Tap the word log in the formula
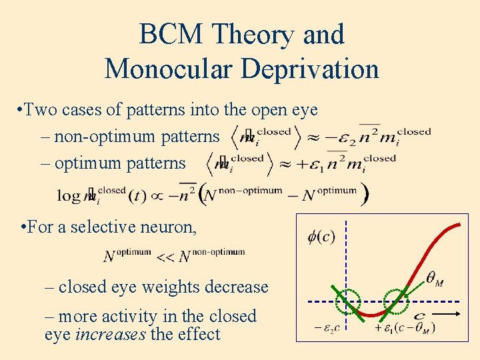click(x=69, y=195)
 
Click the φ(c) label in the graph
click(x=321, y=237)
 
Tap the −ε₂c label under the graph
click(x=328, y=329)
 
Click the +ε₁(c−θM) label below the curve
click(x=406, y=327)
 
